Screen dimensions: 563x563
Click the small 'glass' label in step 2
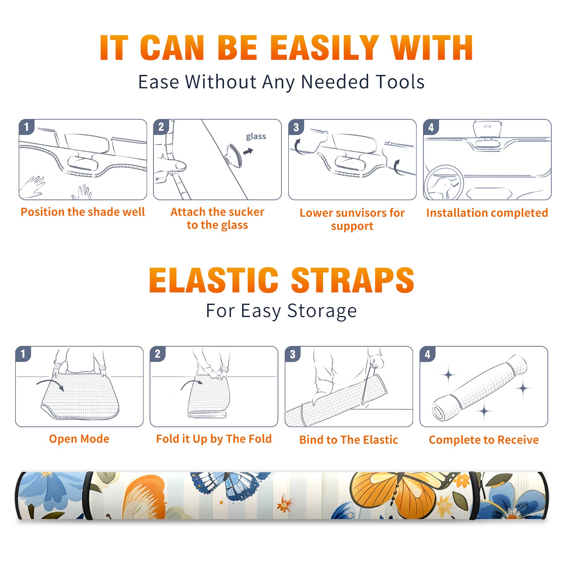click(x=256, y=137)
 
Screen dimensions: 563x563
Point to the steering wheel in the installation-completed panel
click(x=444, y=183)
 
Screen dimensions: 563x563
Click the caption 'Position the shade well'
click(x=83, y=212)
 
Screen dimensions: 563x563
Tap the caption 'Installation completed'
click(x=487, y=213)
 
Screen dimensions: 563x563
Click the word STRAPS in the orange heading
click(x=353, y=280)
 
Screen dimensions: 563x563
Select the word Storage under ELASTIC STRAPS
click(x=322, y=311)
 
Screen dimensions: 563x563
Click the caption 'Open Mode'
click(x=79, y=439)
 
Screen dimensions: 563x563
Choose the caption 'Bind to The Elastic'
click(x=349, y=440)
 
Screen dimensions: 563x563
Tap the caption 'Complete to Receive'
click(x=484, y=440)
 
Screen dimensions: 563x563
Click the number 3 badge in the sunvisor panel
click(x=296, y=127)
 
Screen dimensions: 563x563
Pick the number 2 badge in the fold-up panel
click(x=158, y=354)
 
